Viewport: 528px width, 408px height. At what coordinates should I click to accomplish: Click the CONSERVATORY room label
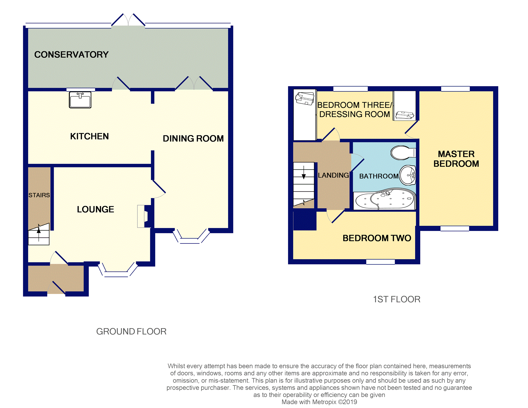coord(71,54)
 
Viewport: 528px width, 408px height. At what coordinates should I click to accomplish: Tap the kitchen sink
coord(80,100)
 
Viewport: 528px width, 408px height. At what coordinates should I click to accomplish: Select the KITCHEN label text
coord(89,136)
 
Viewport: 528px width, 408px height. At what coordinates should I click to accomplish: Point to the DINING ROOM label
coord(193,138)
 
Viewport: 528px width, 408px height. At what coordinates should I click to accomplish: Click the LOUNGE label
coord(95,209)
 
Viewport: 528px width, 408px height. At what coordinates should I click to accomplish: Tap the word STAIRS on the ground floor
coord(39,195)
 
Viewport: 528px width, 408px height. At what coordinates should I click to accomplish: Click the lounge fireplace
coord(144,216)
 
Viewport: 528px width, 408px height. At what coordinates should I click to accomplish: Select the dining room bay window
coord(191,236)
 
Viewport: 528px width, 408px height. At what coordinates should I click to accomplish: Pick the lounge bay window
coord(118,270)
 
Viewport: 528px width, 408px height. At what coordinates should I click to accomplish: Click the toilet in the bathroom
coord(403,153)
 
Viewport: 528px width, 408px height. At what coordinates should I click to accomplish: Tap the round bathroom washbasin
coord(408,175)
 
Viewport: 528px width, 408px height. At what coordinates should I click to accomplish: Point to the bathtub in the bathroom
coord(385,200)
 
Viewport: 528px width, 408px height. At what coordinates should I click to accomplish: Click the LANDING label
coord(333,175)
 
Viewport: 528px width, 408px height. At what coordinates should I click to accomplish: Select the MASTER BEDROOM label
coord(456,159)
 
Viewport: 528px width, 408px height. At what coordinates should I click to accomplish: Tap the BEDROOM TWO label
coord(377,238)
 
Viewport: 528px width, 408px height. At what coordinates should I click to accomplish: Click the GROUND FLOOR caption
coord(131,331)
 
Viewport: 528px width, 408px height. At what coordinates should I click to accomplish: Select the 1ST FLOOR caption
coord(397,299)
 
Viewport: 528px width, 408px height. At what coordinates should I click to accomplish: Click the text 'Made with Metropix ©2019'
coord(319,402)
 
